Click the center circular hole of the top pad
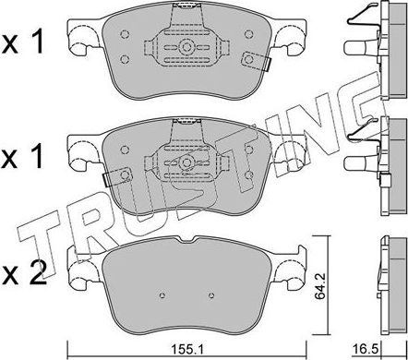(187, 46)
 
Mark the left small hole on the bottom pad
(162, 296)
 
